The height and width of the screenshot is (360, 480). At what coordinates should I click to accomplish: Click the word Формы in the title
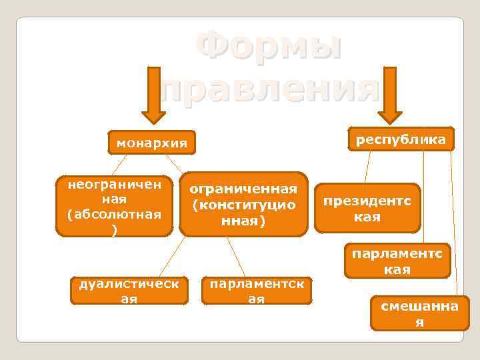(x=269, y=49)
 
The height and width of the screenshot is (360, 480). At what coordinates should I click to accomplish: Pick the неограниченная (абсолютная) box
(x=114, y=206)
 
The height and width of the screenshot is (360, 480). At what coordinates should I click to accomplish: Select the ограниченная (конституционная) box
(x=243, y=205)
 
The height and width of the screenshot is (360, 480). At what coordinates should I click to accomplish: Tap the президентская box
(x=367, y=208)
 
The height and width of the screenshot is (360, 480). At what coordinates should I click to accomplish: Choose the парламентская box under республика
(x=397, y=261)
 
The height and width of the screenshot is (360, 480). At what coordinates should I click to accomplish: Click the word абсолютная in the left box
(x=114, y=214)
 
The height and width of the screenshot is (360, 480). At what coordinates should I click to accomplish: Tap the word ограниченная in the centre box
(x=243, y=191)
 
